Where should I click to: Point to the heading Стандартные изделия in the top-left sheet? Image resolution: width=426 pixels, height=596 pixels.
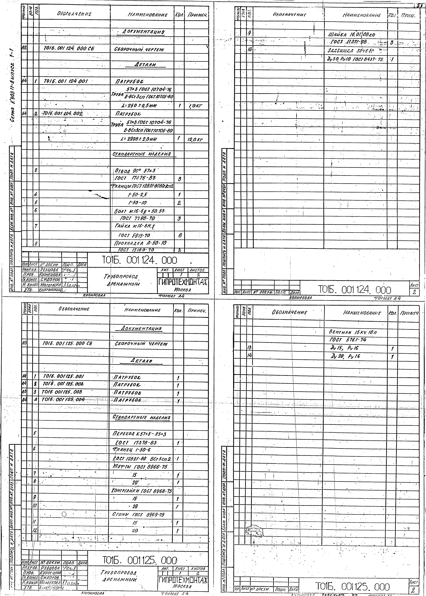click(x=142, y=154)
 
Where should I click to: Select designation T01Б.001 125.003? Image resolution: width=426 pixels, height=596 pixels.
click(x=62, y=392)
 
